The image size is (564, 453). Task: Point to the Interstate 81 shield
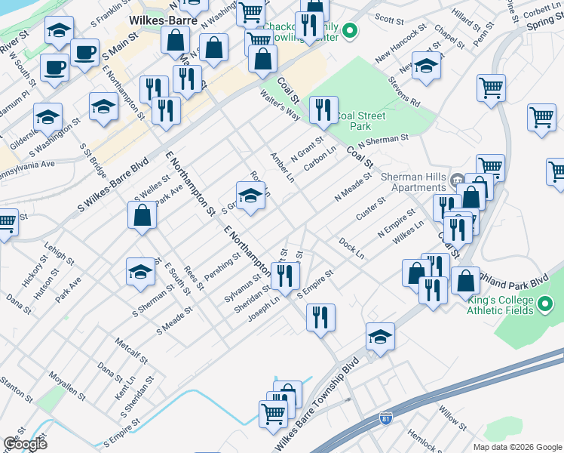click(x=385, y=417)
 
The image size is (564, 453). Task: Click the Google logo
click(x=25, y=443)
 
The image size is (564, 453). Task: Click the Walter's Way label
click(x=280, y=106)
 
